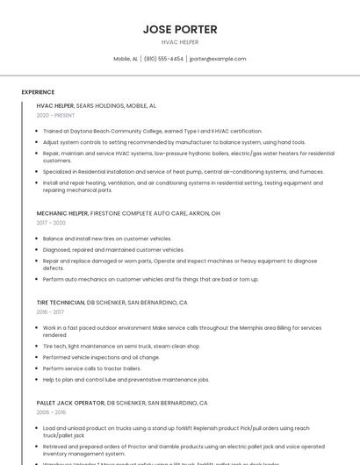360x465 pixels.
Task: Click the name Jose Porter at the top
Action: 180,29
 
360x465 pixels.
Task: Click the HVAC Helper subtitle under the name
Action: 180,42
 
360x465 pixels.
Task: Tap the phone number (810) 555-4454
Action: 163,59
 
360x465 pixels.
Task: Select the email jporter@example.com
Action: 218,59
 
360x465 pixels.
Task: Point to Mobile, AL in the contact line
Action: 126,59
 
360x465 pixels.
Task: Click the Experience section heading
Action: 38,92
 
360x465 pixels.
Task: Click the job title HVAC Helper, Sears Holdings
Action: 97,105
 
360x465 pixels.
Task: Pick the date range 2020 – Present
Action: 55,115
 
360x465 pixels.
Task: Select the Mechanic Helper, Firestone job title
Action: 128,213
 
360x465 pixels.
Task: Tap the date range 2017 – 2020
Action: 52,223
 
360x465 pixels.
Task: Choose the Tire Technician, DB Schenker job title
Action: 112,302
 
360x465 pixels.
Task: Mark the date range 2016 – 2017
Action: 51,311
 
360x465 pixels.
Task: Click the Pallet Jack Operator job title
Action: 122,403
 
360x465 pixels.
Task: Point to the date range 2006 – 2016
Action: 51,411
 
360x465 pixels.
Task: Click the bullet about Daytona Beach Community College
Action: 152,131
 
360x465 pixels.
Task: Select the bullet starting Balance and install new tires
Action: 107,239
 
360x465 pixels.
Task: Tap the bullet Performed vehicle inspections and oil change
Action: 101,357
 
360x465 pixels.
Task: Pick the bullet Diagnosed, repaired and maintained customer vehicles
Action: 113,250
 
